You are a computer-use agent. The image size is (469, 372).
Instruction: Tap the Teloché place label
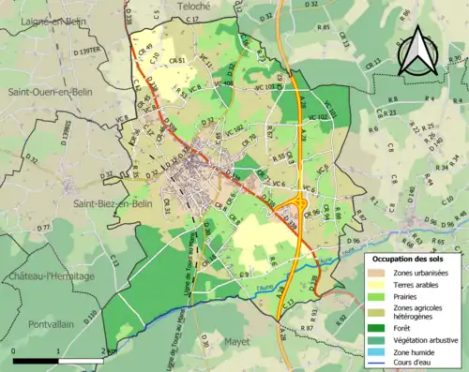click(192, 6)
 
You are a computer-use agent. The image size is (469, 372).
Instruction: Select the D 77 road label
click(43, 228)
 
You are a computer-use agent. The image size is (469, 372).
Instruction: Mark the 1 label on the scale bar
click(59, 348)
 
